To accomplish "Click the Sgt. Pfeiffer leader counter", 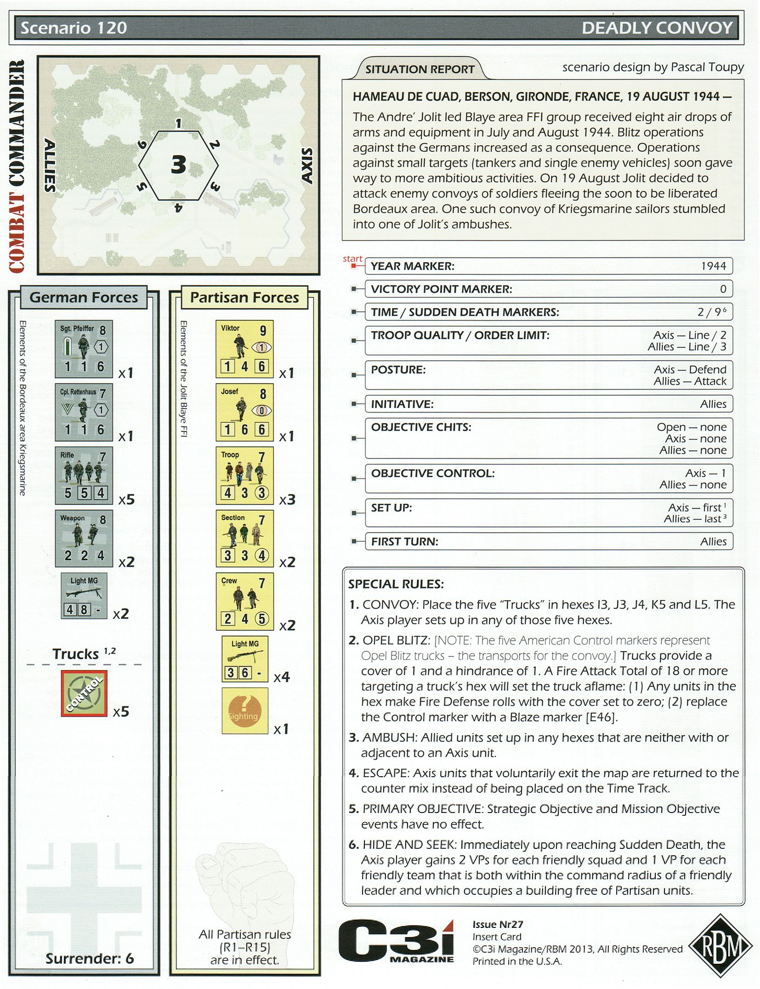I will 83,349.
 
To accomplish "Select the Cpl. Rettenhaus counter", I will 83,412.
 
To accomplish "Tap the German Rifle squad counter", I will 83,475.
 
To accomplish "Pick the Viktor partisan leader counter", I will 244,349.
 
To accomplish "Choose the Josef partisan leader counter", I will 244,412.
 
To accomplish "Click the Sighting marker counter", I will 244,710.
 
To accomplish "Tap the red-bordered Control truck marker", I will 84,693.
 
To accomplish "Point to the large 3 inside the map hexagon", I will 178,165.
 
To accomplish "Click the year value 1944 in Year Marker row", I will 713,266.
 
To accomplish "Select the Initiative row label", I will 402,404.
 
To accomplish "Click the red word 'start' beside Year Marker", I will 352,259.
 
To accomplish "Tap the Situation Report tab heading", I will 420,69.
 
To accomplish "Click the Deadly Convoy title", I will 657,28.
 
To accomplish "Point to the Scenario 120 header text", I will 74,28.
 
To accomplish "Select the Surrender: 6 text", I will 90,958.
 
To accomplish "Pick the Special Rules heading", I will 396,584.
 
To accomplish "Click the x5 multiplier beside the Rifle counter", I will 126,500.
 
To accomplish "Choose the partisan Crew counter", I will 244,601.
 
